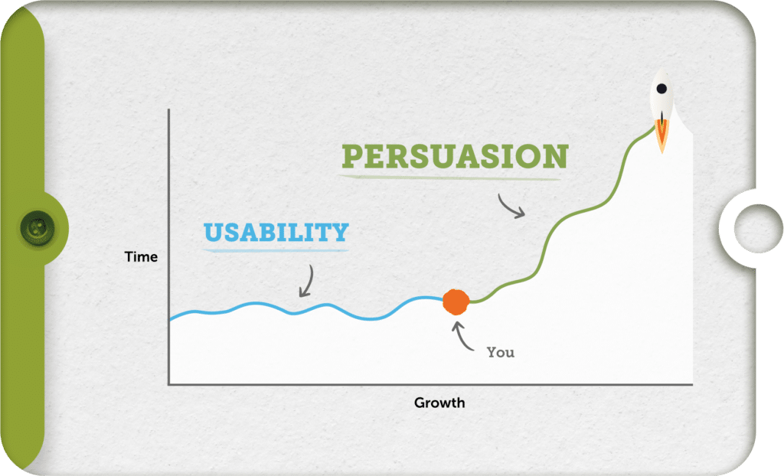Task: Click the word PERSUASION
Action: click(455, 156)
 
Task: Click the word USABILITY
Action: click(276, 231)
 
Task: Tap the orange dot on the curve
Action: click(456, 302)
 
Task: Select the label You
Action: click(501, 352)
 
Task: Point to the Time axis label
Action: click(141, 257)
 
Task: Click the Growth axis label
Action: click(439, 403)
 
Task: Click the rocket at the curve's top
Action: click(662, 99)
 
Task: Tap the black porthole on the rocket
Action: click(661, 90)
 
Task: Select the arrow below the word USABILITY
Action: click(305, 281)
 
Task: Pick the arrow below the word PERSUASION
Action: click(511, 206)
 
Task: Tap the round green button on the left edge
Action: click(34, 227)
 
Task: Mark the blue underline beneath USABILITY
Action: click(276, 249)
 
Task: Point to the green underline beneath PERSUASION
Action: click(452, 176)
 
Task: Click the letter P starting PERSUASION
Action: click(352, 156)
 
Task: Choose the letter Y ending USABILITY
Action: click(339, 231)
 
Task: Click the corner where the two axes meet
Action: click(168, 384)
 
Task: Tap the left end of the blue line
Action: click(171, 318)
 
